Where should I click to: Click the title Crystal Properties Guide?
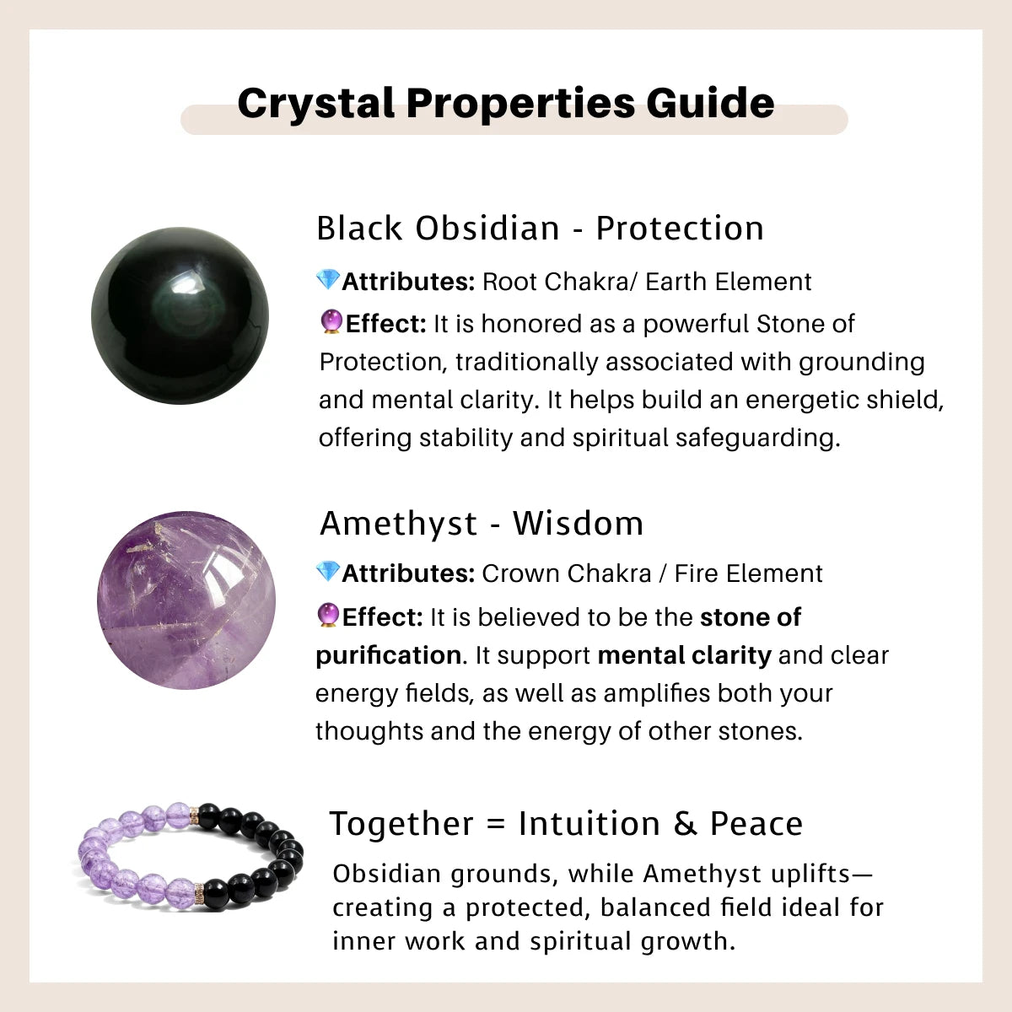[x=506, y=103]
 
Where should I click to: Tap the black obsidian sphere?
[x=180, y=315]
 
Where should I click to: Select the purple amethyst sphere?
[x=186, y=600]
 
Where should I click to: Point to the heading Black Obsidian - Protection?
[x=540, y=229]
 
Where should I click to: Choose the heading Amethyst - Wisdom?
[x=482, y=524]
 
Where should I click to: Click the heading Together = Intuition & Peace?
[x=566, y=824]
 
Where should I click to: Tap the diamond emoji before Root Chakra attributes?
[x=327, y=280]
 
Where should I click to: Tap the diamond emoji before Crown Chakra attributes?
[x=327, y=572]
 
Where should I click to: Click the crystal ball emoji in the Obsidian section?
[x=331, y=322]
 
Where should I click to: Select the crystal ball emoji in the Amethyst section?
[x=328, y=616]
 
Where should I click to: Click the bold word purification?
[x=388, y=655]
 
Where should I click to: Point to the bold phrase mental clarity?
[x=684, y=655]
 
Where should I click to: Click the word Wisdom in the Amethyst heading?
[x=578, y=524]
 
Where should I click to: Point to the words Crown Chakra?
[x=566, y=573]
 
